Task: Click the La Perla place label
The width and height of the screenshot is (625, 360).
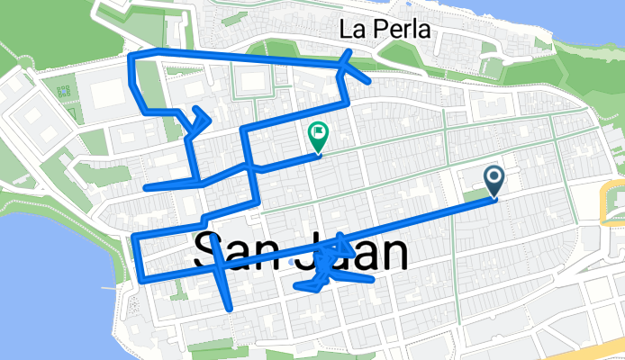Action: tap(385, 29)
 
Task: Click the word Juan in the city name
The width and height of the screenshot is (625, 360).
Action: tap(358, 253)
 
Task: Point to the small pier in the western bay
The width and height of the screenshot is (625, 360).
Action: tap(109, 288)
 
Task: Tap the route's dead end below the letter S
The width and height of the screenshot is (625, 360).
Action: tap(231, 309)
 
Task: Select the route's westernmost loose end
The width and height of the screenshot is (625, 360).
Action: tap(147, 188)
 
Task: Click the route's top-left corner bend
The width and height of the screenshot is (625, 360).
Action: tap(133, 58)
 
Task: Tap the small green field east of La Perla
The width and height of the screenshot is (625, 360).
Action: tap(491, 67)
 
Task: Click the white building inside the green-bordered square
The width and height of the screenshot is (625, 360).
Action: tap(252, 83)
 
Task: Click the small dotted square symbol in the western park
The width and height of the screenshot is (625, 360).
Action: tap(63, 91)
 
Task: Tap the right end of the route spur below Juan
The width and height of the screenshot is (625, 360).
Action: tap(370, 280)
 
